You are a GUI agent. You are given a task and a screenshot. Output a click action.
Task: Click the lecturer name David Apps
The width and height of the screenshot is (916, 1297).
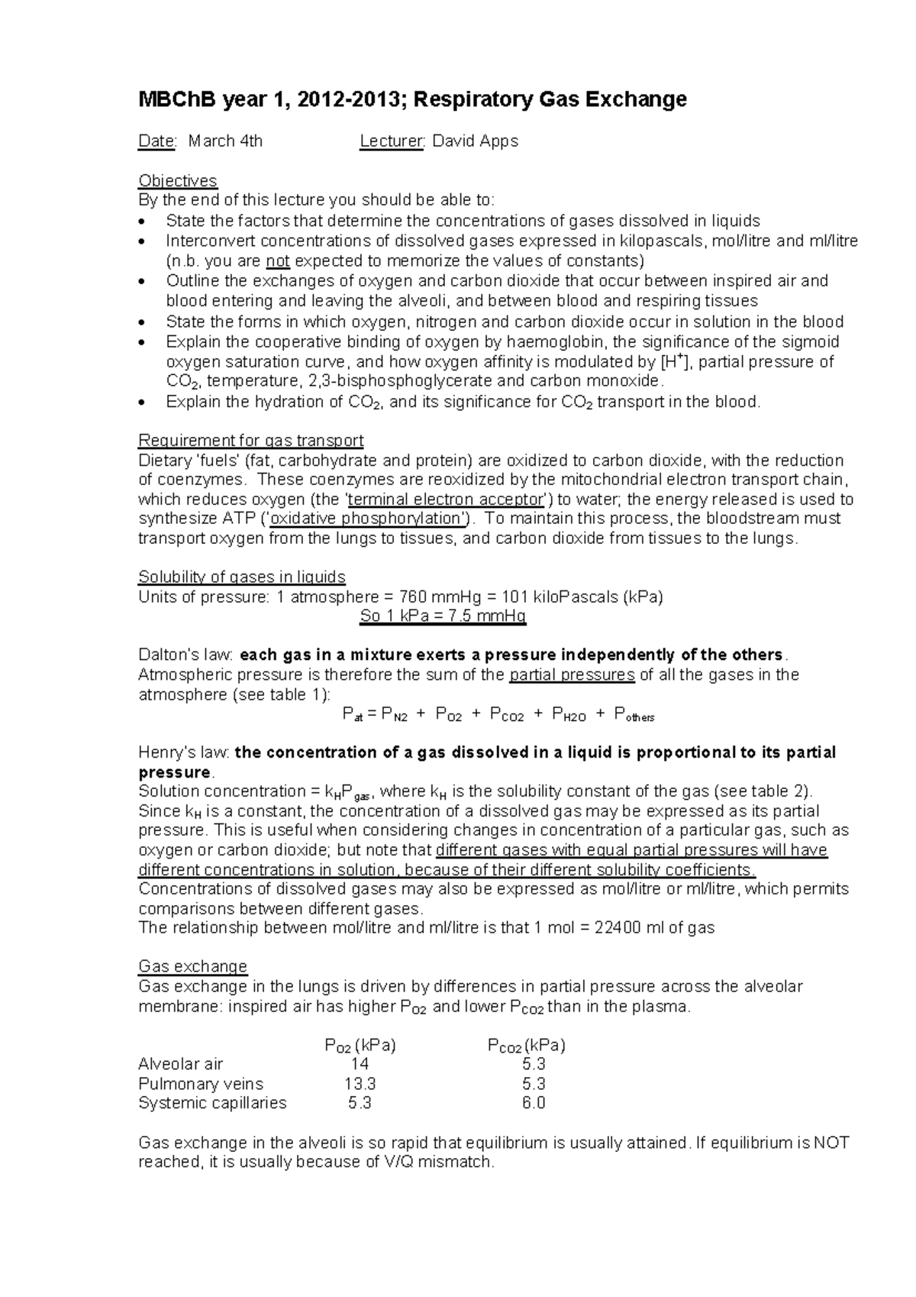(476, 141)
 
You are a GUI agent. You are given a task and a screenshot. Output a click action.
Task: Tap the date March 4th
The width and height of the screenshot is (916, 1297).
(225, 141)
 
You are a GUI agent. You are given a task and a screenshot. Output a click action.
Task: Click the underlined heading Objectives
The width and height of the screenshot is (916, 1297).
(177, 181)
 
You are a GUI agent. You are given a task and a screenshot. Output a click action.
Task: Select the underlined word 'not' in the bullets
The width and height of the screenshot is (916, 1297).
(278, 261)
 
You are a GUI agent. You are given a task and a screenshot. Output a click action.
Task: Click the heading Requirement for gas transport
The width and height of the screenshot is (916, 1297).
(250, 441)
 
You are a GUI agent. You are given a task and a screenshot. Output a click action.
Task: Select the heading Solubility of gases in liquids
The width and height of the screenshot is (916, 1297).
(241, 577)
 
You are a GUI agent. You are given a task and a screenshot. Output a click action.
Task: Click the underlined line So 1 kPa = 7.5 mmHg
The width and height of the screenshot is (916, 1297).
(443, 616)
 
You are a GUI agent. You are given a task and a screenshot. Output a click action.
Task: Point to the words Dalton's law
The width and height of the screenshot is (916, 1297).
(185, 655)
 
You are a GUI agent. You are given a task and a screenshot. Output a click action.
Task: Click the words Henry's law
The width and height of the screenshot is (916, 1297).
(183, 752)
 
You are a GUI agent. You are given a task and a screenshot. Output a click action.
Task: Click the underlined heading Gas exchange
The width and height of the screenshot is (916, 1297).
(192, 966)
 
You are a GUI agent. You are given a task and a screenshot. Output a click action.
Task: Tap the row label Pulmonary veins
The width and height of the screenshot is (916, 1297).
(201, 1084)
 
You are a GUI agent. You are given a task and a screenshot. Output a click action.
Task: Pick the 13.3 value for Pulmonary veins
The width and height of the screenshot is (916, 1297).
(360, 1084)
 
